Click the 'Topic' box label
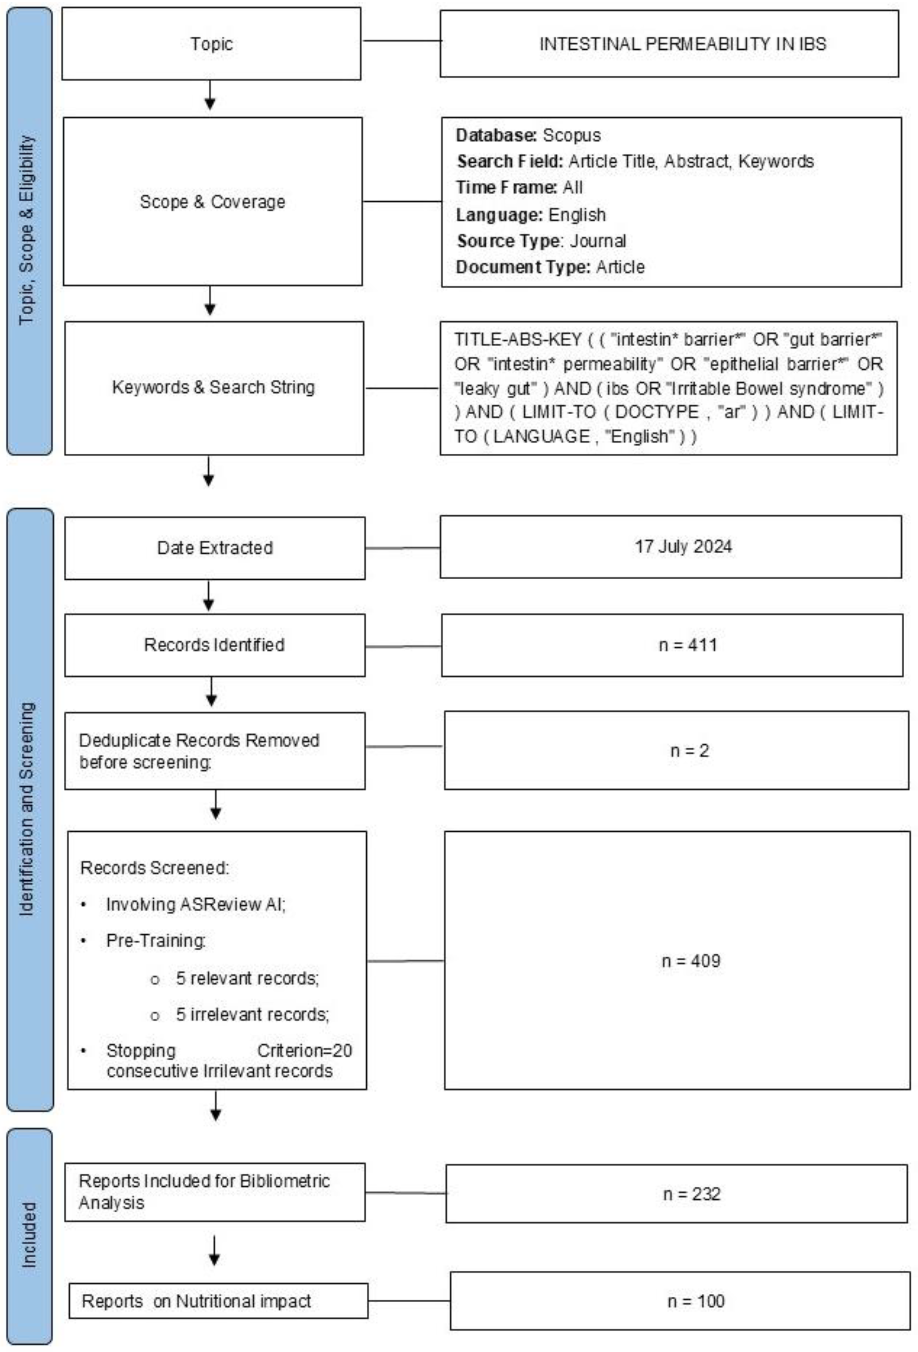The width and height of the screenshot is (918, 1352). (211, 44)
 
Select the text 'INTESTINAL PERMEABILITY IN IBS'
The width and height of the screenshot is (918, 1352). (682, 44)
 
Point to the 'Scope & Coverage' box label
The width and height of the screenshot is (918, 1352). (212, 202)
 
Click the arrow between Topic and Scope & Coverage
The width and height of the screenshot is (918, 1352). (210, 96)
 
